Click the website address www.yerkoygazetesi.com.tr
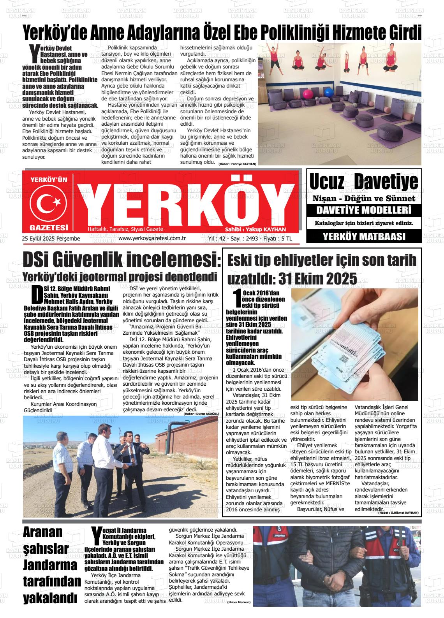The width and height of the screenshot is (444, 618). (152, 239)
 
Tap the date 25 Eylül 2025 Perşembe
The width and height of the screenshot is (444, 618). (51, 239)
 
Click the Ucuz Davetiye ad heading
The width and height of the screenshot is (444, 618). (363, 181)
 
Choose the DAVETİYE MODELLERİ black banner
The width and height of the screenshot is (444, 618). (364, 211)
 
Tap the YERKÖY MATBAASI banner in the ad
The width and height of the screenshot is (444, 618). (364, 237)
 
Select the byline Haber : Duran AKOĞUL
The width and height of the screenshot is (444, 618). (201, 414)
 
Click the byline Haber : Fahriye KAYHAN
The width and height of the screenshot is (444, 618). (237, 164)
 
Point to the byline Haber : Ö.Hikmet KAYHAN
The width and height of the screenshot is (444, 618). (398, 513)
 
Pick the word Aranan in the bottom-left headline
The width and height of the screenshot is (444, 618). (43, 532)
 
